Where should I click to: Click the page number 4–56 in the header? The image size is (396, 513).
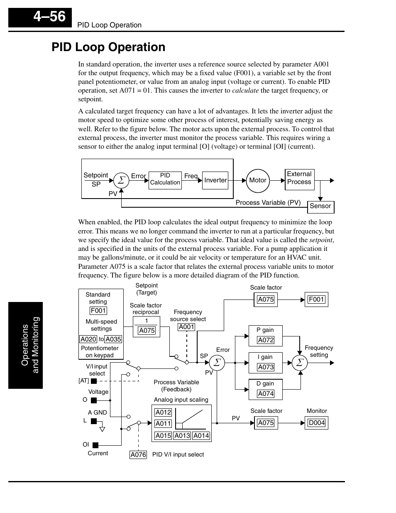49,17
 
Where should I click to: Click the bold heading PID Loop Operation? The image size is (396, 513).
108,47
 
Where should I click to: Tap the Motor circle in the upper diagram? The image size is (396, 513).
257,180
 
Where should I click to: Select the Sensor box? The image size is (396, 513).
320,206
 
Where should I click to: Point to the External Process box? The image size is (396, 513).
299,179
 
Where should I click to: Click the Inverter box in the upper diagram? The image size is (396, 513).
215,180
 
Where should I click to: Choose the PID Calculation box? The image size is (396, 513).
165,179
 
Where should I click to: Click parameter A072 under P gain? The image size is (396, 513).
266,340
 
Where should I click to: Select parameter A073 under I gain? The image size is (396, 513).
266,367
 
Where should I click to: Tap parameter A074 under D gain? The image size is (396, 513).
266,394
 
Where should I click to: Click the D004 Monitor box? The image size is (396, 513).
316,423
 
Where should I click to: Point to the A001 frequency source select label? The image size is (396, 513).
186,327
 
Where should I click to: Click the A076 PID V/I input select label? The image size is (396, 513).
138,455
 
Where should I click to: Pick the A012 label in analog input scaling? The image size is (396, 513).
163,412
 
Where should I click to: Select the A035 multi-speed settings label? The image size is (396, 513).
113,339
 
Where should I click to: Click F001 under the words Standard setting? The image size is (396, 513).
98,311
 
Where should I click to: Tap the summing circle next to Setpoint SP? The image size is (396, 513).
121,181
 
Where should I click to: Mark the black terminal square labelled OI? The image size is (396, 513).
95,445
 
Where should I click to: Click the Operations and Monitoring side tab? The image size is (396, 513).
26,345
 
